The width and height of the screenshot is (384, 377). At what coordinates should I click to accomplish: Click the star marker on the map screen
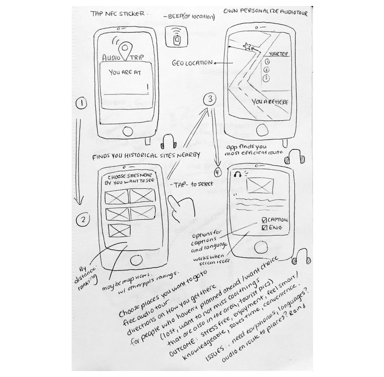click(x=247, y=46)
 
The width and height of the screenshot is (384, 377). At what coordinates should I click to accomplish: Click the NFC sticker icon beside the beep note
click(x=178, y=38)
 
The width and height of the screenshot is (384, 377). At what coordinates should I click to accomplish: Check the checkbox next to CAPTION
click(x=264, y=220)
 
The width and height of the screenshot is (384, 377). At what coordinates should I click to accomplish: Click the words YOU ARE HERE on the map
click(x=270, y=102)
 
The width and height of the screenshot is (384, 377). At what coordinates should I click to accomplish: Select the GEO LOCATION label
click(x=192, y=62)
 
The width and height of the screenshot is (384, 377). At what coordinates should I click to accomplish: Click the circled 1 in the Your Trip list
click(x=267, y=62)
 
